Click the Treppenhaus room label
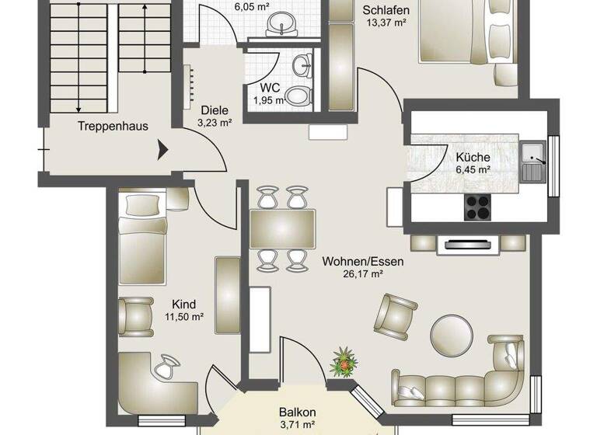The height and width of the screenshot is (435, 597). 113,125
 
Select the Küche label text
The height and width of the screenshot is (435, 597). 473,157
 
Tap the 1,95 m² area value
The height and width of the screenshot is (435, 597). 268,101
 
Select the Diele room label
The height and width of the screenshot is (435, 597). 215,110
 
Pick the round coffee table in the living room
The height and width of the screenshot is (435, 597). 452,332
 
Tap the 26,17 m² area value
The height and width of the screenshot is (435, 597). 363,273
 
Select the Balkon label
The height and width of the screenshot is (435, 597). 297,412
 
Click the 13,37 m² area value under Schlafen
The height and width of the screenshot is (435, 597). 386,22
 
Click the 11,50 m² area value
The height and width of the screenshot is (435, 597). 184,317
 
